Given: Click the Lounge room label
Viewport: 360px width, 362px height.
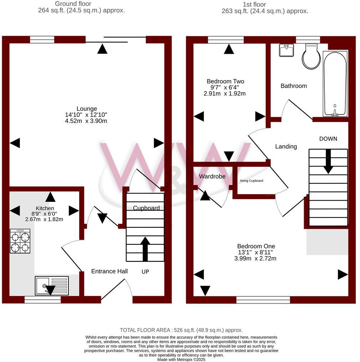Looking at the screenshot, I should (x=87, y=109).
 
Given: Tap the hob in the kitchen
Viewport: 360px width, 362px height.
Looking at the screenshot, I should (x=20, y=241).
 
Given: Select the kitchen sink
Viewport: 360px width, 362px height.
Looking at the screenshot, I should (x=52, y=285).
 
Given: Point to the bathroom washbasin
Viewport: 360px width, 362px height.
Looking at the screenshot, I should (x=286, y=51).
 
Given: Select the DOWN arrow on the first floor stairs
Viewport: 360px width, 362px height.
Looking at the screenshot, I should (x=328, y=161).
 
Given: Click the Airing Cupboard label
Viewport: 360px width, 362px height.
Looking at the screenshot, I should (x=251, y=181).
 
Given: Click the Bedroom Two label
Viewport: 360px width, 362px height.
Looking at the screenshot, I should (x=225, y=82).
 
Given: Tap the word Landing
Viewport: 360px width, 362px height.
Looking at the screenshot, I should (x=286, y=146).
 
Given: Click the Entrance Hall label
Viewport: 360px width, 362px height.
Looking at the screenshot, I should (x=109, y=271).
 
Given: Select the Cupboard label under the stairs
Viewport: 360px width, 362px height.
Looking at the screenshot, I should (x=146, y=208).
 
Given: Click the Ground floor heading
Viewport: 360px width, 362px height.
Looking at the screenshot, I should (x=73, y=4).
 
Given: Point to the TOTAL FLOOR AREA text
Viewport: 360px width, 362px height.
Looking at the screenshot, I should (x=181, y=330).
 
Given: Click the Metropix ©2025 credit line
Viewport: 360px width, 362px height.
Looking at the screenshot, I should (x=181, y=360).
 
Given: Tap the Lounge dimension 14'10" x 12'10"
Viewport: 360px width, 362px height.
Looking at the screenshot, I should (x=87, y=115).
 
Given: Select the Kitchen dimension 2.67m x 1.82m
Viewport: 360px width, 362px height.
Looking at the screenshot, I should (x=44, y=219).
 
